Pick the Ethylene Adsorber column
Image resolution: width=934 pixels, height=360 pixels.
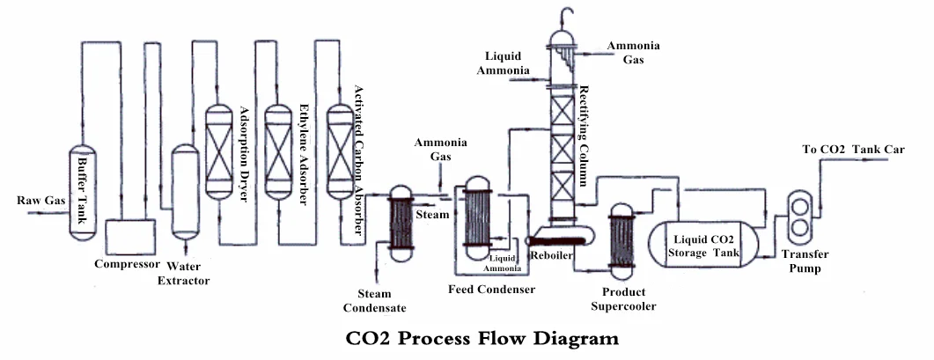click(x=277, y=151)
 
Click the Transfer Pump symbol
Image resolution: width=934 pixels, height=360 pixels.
click(x=801, y=216)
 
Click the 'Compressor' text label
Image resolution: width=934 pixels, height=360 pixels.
click(x=127, y=263)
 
